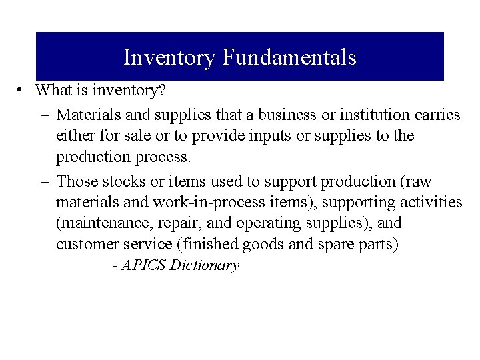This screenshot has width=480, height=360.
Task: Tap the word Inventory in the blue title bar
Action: pos(169,57)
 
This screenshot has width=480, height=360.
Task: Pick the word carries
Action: pos(437,115)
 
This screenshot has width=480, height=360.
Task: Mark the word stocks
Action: pos(124,181)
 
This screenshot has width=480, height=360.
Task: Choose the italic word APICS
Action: pos(143,265)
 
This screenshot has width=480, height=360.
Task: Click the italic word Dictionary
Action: pos(205,265)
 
